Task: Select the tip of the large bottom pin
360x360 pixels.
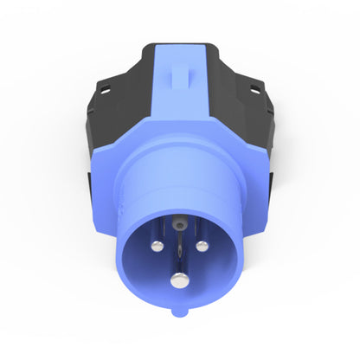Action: pyautogui.click(x=178, y=280)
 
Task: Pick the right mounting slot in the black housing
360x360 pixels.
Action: pyautogui.click(x=256, y=87)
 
